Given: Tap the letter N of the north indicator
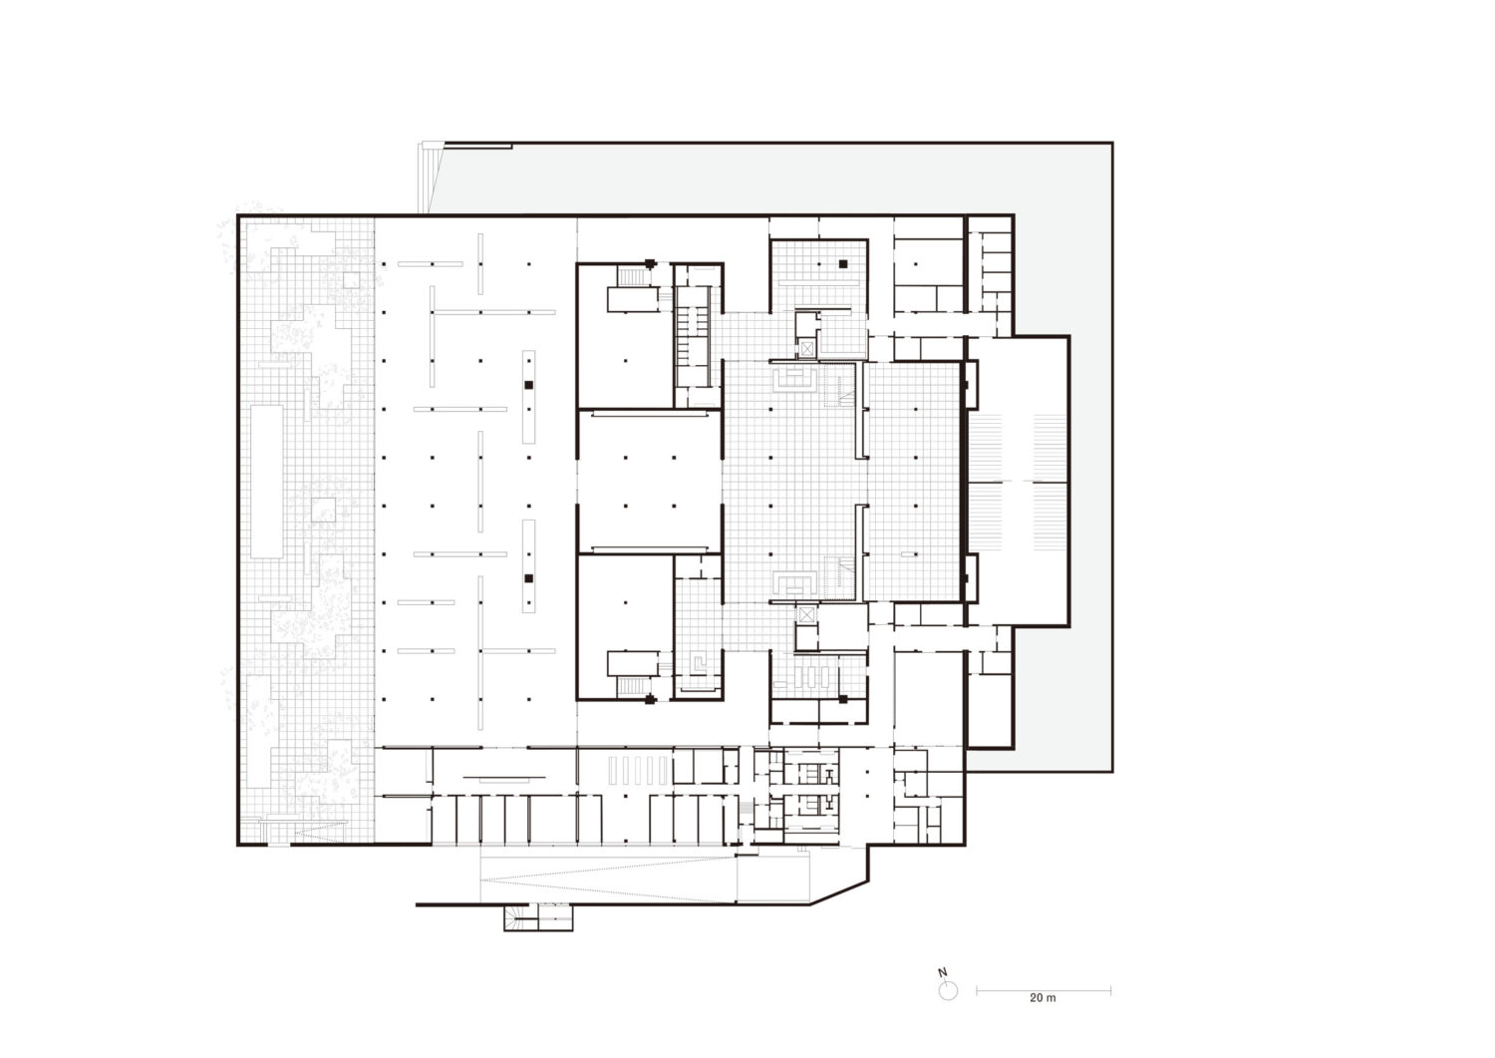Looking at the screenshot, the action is (943, 973).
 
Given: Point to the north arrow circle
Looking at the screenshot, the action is (948, 991).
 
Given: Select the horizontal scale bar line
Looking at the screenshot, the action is (1044, 991).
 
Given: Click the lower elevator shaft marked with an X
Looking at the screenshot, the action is (807, 614).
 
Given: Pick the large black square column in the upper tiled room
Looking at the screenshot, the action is (843, 264).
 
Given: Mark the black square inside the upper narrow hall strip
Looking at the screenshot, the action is (528, 385).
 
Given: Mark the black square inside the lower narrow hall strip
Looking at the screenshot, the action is (528, 578).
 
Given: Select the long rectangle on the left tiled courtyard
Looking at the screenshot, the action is (267, 481).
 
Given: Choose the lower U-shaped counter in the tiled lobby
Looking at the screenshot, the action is (794, 583).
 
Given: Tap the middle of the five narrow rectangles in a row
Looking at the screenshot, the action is (638, 771).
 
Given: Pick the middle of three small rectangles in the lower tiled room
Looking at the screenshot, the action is (811, 677).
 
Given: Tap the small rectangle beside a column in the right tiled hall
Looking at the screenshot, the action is (908, 553).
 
